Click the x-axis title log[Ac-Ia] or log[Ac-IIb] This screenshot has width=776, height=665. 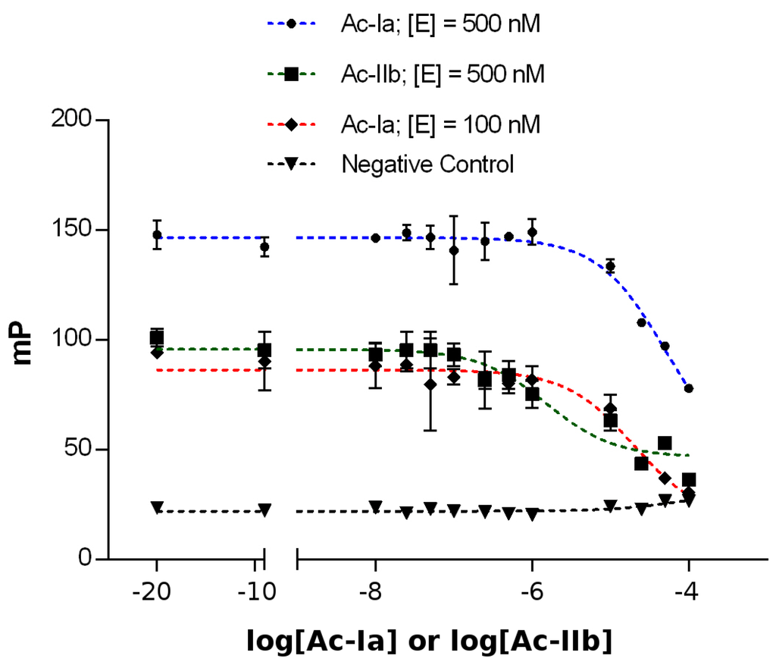[x=429, y=641]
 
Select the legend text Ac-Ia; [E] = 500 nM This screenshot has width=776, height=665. [x=440, y=25]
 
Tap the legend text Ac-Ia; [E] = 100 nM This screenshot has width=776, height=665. [x=440, y=124]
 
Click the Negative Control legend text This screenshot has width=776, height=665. [x=427, y=164]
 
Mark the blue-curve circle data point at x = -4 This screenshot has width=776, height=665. [x=688, y=388]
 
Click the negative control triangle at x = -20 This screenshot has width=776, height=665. [x=157, y=507]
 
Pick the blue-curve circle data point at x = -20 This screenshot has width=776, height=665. [x=157, y=235]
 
